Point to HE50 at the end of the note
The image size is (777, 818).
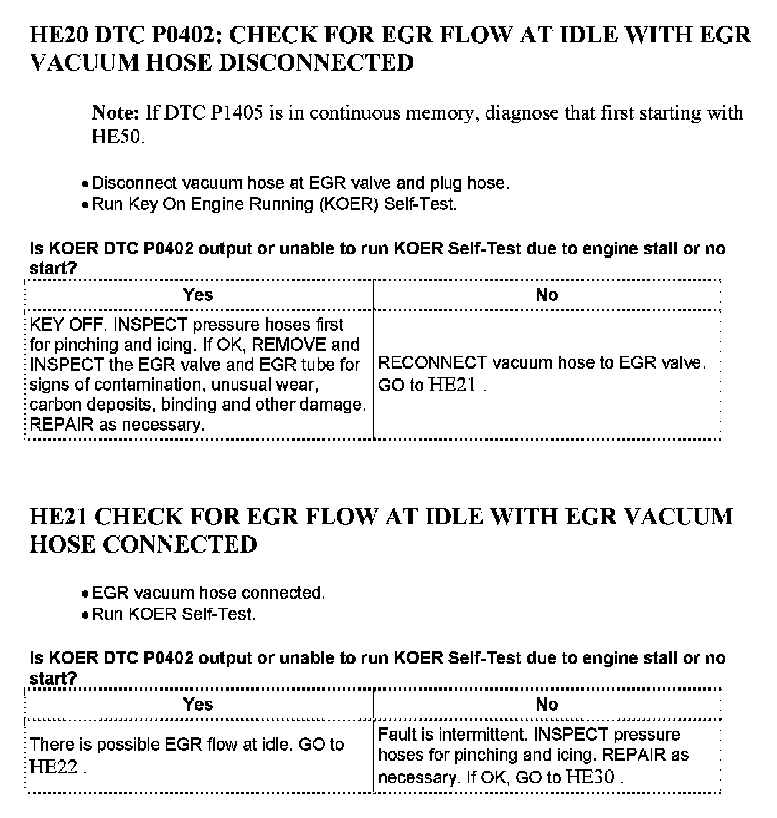(117, 136)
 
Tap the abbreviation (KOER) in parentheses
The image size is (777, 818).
(348, 204)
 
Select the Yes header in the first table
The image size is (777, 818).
(198, 294)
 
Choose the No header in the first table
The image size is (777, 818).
(546, 294)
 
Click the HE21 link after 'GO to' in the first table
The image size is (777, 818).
(453, 385)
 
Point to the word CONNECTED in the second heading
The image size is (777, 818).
(179, 545)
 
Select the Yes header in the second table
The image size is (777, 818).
(198, 704)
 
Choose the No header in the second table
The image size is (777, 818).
(546, 704)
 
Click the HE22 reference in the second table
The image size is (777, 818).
(54, 766)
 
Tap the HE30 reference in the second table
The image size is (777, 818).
(591, 776)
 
